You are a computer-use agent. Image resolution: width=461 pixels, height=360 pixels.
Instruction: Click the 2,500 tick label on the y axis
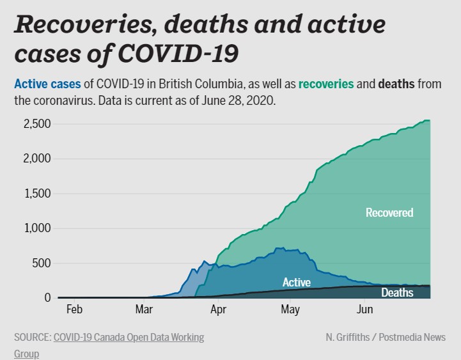[29, 123]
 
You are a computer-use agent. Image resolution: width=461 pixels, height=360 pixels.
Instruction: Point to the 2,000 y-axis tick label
[29, 159]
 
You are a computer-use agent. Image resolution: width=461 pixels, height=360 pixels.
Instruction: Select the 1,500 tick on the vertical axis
[30, 193]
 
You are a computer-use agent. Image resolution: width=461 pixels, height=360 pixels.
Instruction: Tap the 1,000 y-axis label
[30, 228]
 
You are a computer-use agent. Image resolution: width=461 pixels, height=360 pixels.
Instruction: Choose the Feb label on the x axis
[74, 310]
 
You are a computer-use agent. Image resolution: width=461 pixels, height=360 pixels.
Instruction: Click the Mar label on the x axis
[145, 310]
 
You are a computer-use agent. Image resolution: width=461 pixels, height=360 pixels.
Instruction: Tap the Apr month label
[219, 310]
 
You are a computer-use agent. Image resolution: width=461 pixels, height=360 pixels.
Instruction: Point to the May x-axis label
[290, 310]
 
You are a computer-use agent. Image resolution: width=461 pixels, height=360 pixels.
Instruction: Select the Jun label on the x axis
[364, 310]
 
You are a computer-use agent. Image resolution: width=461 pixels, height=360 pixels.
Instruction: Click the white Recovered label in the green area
[389, 212]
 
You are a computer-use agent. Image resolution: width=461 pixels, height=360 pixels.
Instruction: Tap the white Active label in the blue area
[297, 282]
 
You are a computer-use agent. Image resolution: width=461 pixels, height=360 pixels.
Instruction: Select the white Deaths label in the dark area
[397, 293]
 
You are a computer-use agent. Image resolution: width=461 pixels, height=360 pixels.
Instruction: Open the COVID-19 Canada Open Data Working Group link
[128, 337]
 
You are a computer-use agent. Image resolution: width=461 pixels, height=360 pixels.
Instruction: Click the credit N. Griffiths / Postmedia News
[385, 337]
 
